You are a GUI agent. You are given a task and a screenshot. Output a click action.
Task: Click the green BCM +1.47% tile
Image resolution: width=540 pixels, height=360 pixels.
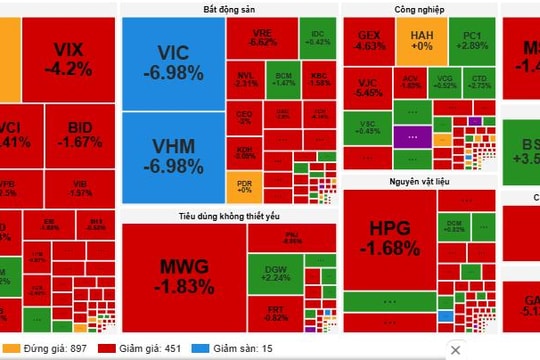tap(284, 79)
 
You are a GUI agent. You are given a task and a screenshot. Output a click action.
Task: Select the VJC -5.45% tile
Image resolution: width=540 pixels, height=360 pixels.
tap(368, 86)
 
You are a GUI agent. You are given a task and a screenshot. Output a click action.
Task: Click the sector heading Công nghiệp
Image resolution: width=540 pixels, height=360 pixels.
tap(419, 9)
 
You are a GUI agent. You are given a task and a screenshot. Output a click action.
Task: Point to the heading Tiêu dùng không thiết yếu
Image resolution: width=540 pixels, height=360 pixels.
tap(227, 215)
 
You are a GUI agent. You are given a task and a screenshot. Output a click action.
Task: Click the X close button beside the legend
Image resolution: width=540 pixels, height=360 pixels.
tap(456, 349)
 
